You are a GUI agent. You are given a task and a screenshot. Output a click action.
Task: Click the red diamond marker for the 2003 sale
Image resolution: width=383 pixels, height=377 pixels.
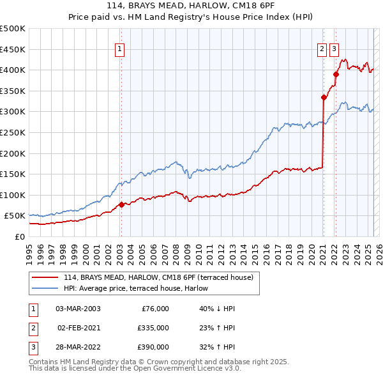[121, 205]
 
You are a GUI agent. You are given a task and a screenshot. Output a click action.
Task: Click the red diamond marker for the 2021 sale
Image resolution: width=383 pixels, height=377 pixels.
[324, 98]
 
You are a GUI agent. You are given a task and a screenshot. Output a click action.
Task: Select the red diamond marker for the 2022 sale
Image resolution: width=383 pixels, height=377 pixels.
[336, 74]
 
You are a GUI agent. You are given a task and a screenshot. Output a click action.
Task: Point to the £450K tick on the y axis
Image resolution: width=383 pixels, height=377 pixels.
[13, 49]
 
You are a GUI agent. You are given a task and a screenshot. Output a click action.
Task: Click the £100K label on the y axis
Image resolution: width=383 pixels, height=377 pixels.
[13, 195]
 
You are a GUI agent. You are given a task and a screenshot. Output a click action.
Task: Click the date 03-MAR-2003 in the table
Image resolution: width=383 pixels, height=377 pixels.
[78, 309]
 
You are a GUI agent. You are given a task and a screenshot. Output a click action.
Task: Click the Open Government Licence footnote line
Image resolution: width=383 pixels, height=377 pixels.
[135, 368]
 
